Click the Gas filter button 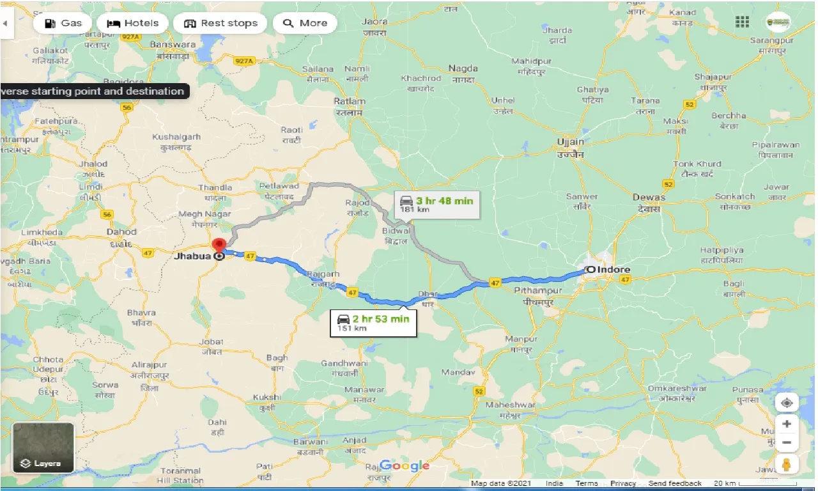63,23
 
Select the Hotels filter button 132,23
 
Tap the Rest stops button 220,23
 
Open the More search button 305,23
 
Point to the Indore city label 612,270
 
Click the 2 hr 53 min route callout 374,322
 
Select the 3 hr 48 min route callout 437,204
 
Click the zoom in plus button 787,423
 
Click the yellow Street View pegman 787,463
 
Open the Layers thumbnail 43,448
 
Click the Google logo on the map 404,466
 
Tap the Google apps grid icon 742,22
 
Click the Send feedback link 675,484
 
